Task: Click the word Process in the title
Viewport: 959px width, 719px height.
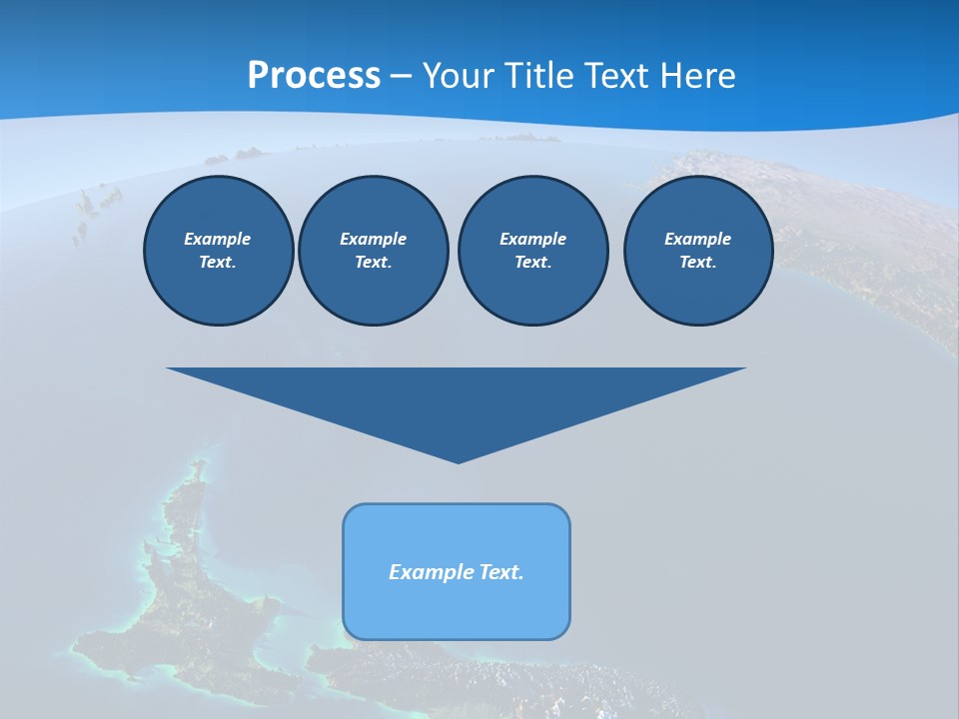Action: click(314, 76)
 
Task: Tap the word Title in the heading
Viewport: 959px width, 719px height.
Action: click(541, 76)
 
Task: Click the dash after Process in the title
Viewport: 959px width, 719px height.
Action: click(401, 77)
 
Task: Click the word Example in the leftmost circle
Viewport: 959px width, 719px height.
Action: click(218, 239)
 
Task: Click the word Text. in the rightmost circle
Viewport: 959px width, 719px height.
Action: click(697, 262)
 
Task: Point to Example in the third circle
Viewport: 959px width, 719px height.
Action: click(532, 239)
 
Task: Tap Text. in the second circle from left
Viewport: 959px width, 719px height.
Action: click(373, 262)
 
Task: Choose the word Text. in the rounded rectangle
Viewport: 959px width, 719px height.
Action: click(502, 572)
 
